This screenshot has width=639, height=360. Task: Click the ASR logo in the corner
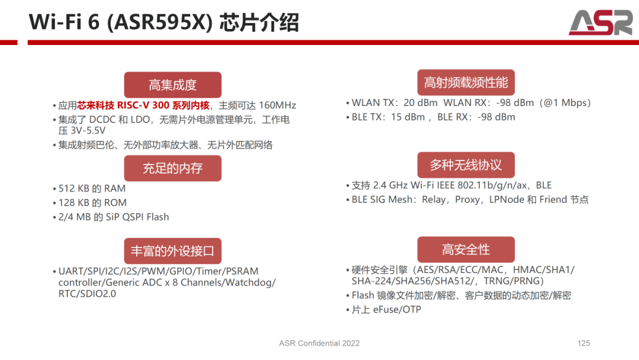601,22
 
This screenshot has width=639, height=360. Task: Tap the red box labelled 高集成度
173,85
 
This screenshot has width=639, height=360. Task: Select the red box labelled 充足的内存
173,168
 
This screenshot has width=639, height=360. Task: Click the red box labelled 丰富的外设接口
173,250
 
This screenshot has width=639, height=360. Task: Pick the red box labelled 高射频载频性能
466,82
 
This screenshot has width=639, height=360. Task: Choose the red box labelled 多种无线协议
466,165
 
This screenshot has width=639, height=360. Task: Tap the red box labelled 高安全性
466,249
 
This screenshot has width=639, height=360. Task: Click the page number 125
583,343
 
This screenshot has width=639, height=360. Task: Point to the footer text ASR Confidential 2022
319,343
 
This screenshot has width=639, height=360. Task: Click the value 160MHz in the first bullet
277,105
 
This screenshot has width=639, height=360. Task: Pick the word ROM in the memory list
115,202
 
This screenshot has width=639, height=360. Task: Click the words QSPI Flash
146,217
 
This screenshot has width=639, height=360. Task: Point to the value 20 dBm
421,103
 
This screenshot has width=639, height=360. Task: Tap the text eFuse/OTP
397,310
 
